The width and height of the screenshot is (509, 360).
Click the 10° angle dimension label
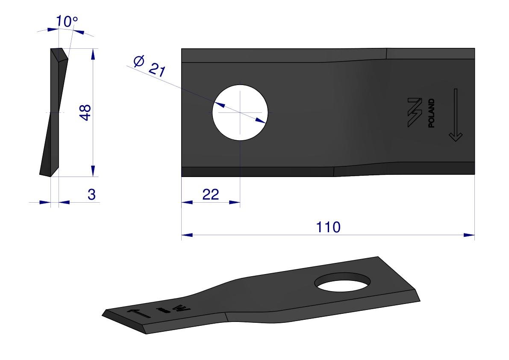(x=67, y=21)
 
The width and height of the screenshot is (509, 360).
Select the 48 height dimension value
(x=85, y=112)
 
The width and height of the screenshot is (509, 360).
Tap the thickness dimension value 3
(x=91, y=195)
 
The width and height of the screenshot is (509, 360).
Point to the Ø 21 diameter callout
(x=150, y=66)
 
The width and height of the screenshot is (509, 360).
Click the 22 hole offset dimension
(x=211, y=195)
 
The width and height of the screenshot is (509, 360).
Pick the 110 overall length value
(x=328, y=227)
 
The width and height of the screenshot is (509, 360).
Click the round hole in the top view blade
(x=240, y=112)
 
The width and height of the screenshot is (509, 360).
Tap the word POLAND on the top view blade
(x=431, y=113)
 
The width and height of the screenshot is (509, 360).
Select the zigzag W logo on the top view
(x=415, y=112)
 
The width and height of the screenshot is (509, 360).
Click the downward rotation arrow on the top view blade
(x=456, y=115)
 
